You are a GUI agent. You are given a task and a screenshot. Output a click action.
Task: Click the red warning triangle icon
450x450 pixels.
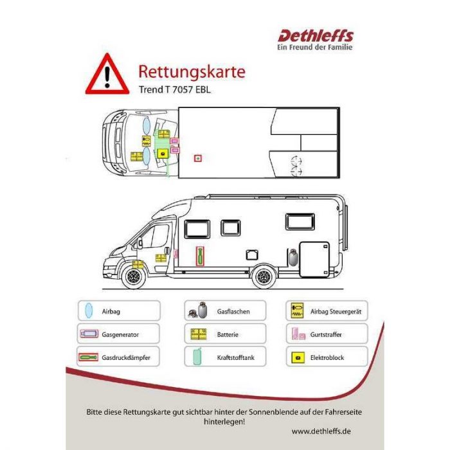[x=107, y=75]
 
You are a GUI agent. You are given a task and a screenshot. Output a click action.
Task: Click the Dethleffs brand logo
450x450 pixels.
[x=315, y=40]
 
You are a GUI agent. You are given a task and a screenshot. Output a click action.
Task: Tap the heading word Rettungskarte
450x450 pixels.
[x=192, y=71]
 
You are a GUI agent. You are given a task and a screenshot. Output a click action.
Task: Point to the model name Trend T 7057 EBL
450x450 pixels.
[x=174, y=89]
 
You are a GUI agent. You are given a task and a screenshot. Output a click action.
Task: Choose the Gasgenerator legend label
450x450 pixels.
[x=120, y=334]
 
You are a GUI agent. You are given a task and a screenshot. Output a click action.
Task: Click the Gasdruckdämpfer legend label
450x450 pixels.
[x=126, y=357]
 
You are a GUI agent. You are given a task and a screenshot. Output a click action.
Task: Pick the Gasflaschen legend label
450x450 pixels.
[x=233, y=311]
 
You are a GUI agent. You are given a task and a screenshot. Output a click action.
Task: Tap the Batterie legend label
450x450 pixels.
[x=228, y=334]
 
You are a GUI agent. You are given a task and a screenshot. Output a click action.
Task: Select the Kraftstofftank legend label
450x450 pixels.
[x=236, y=357]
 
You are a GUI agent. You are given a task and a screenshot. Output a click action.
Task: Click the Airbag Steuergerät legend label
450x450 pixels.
[x=336, y=311]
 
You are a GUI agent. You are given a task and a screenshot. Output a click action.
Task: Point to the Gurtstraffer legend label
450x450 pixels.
[x=326, y=334]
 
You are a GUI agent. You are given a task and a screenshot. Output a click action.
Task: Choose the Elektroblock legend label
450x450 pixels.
[x=327, y=357]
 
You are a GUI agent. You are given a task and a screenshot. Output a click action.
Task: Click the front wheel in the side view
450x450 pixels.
[x=133, y=276]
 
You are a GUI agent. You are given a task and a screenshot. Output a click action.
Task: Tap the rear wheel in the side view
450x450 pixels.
[x=264, y=276]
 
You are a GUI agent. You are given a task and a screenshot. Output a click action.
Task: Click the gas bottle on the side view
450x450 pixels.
[x=293, y=258]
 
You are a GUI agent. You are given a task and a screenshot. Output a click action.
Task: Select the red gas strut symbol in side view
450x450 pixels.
[x=200, y=256]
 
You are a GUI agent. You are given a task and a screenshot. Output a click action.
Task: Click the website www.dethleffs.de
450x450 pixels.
[x=321, y=431]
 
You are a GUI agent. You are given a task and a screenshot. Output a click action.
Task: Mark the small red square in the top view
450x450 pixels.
[x=198, y=158]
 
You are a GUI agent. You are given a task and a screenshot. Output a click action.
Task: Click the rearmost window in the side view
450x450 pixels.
[x=300, y=222]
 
